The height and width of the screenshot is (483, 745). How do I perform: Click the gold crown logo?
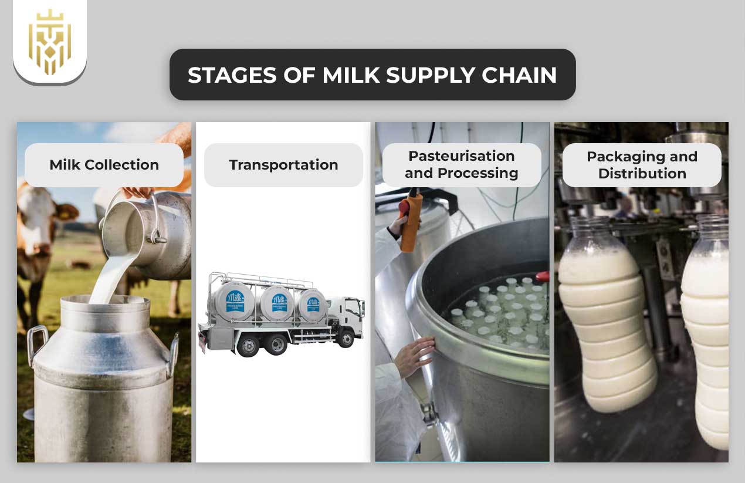pyautogui.click(x=49, y=42)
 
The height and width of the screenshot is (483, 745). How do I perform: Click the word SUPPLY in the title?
pyautogui.click(x=404, y=75)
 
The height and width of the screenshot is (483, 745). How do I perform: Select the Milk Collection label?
pyautogui.click(x=104, y=165)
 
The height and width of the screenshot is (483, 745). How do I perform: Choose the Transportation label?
pyautogui.click(x=283, y=165)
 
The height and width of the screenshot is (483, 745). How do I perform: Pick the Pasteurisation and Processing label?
pyautogui.click(x=461, y=165)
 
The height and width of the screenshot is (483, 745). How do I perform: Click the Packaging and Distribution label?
pyautogui.click(x=642, y=165)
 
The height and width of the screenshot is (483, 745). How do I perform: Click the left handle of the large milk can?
pyautogui.click(x=36, y=343)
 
